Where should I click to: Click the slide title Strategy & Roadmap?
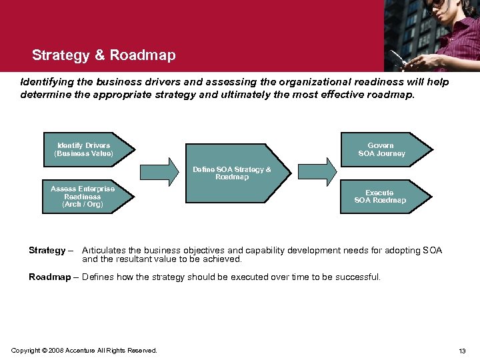coord(103,55)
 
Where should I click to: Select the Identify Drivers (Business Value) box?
coord(85,149)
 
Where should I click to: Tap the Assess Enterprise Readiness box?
coord(83,197)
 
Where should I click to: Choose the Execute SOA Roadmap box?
coord(381,197)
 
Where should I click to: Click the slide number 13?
coord(462,351)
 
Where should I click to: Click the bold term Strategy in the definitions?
coord(47,251)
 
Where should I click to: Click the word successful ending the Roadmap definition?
coord(357,277)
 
